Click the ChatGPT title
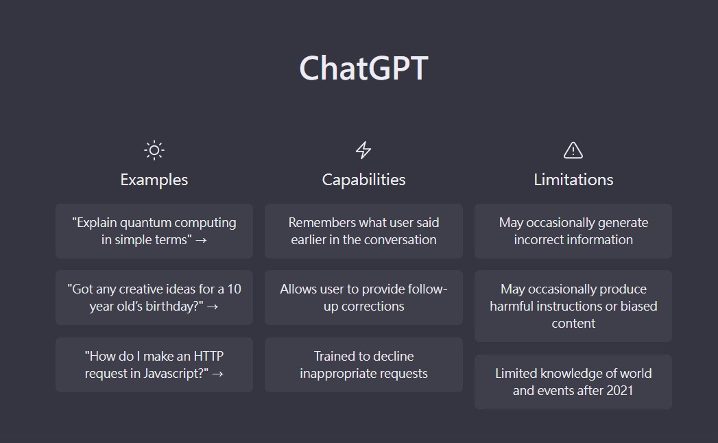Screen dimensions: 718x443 tap(363, 68)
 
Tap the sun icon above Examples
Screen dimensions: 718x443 tap(154, 149)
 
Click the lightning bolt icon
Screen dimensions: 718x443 tap(363, 149)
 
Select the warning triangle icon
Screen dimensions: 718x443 tap(573, 149)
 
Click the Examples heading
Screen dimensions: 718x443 tap(154, 180)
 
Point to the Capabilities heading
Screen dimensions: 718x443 tap(363, 180)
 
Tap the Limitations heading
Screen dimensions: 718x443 tap(573, 180)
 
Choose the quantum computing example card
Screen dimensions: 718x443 tap(154, 231)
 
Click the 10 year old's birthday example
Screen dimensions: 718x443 tap(154, 298)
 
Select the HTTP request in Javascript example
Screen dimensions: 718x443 tap(154, 365)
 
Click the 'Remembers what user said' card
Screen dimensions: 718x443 tap(363, 231)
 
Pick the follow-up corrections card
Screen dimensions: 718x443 tap(363, 298)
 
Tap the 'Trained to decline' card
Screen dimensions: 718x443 tap(363, 365)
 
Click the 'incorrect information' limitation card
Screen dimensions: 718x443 tap(573, 231)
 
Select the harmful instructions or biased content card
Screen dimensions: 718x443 tap(573, 306)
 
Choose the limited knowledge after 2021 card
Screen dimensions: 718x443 tap(573, 381)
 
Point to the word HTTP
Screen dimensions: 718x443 tap(208, 356)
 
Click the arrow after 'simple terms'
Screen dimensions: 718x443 tap(200, 240)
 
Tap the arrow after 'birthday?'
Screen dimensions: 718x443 tap(213, 307)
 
